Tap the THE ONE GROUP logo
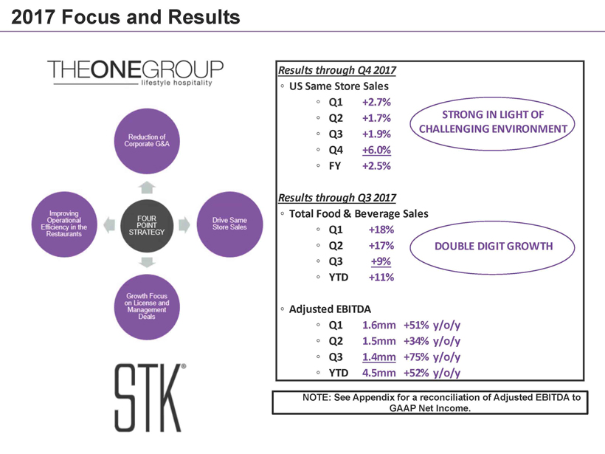(135, 72)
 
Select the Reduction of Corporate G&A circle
(147, 141)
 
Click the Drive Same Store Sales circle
(229, 224)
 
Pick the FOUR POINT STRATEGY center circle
(147, 226)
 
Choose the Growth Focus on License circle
(147, 307)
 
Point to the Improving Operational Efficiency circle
(64, 224)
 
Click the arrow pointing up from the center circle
(147, 188)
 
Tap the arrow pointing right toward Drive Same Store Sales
(184, 225)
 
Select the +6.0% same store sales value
(376, 150)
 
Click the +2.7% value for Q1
(376, 102)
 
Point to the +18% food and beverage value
(381, 230)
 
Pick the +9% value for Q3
(381, 261)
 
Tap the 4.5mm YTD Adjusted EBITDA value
(379, 373)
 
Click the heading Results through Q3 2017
(337, 198)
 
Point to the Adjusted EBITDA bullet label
(330, 309)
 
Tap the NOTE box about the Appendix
(430, 402)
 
